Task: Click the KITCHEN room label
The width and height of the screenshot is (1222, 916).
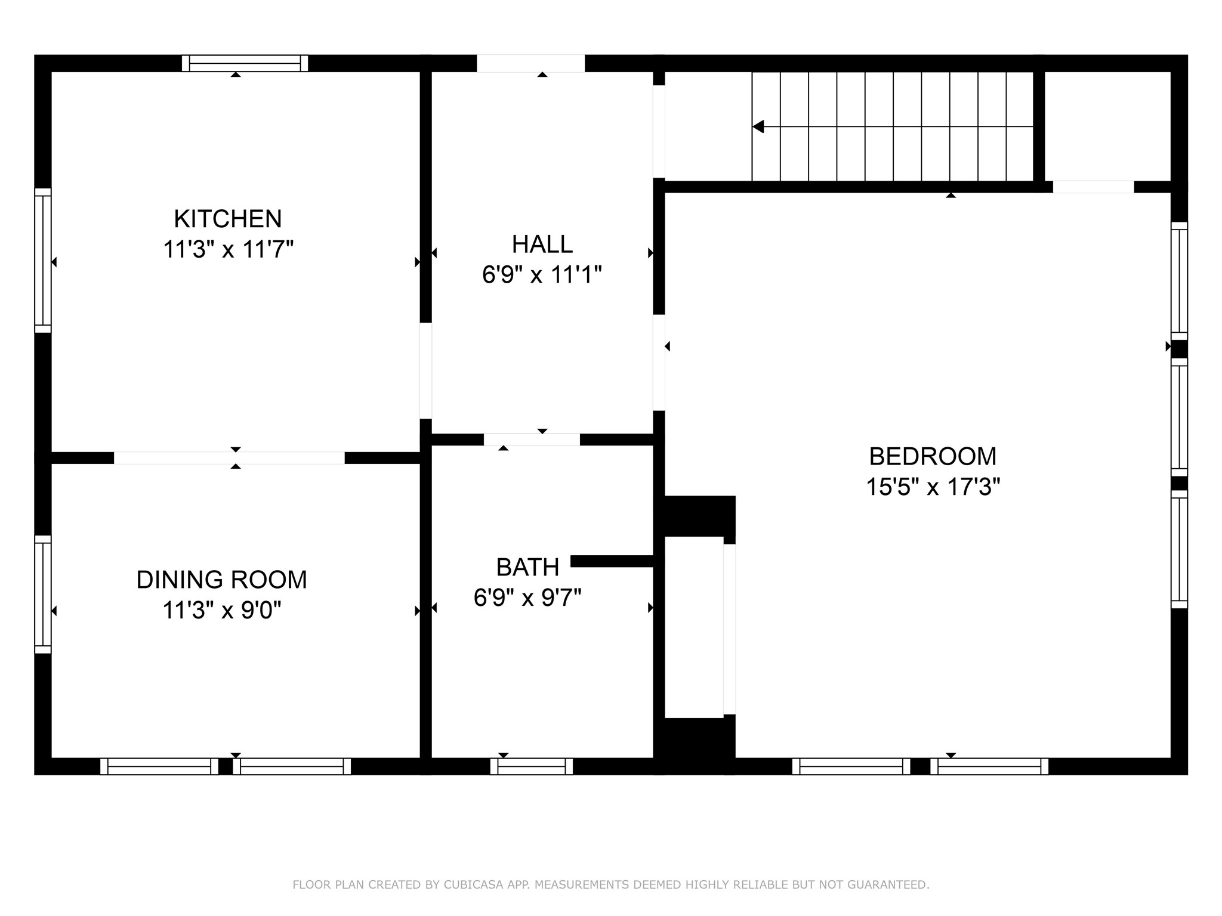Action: (x=227, y=219)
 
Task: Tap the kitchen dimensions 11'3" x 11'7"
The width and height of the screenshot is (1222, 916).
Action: (x=228, y=249)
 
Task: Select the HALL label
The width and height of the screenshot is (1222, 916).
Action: (x=542, y=244)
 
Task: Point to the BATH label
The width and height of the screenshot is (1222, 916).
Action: (x=527, y=567)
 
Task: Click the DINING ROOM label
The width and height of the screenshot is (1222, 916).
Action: (x=221, y=580)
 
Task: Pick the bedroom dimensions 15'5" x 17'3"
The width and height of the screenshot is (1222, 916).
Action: (x=932, y=487)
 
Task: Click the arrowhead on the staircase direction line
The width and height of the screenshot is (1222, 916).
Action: (x=758, y=126)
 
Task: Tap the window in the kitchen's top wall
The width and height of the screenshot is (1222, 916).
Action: (x=245, y=63)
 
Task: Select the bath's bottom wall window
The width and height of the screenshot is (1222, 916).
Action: (x=531, y=766)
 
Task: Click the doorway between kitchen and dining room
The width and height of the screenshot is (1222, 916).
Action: (x=229, y=458)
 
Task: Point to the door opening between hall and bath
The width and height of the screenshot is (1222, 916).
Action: (x=531, y=440)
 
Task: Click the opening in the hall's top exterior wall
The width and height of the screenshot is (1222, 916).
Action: (x=530, y=63)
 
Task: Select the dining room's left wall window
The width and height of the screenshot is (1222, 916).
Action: (x=43, y=594)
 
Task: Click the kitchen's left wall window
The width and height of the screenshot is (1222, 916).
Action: (x=43, y=261)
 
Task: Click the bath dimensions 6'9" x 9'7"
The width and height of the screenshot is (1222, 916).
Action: (x=527, y=597)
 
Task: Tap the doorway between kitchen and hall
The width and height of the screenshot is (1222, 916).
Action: (x=425, y=370)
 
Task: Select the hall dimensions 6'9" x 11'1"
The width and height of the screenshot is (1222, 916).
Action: (x=542, y=275)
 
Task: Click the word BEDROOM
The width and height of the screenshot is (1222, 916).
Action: (x=932, y=457)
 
